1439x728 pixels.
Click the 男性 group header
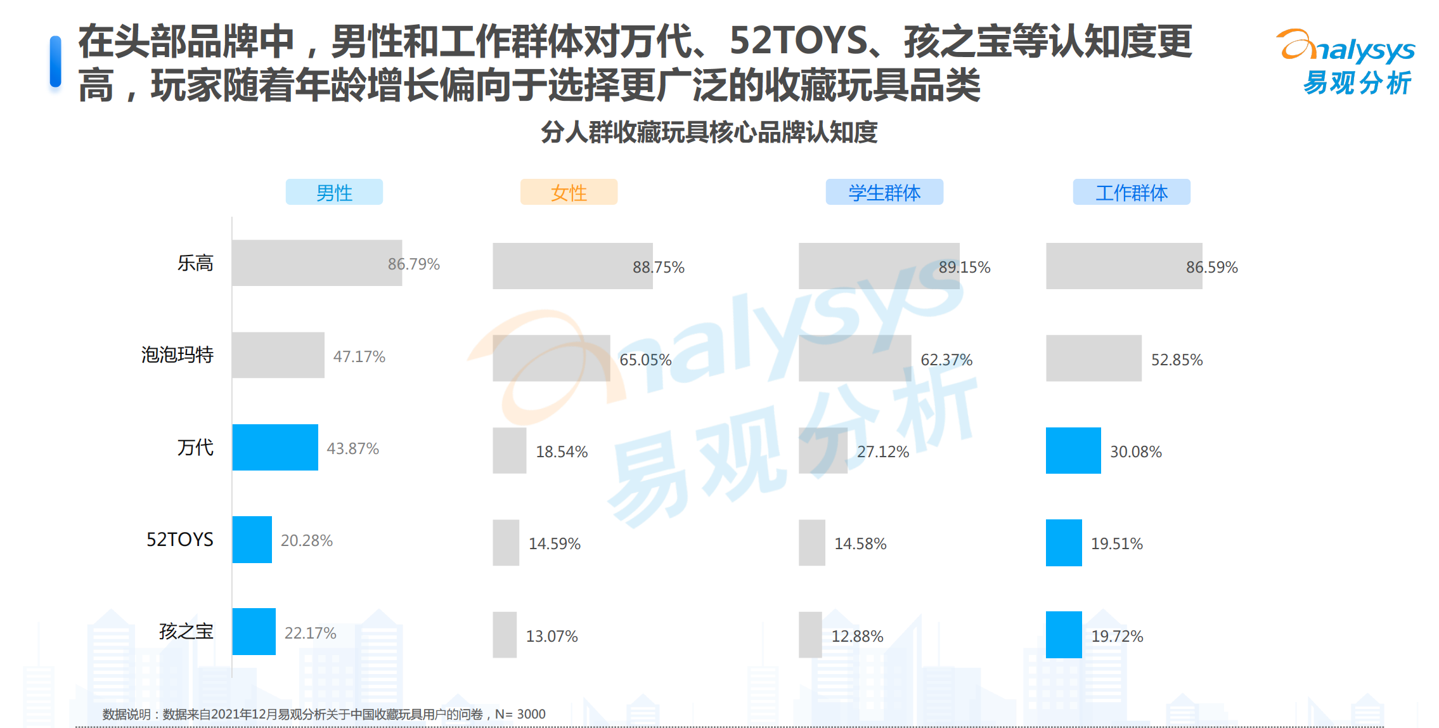(x=334, y=192)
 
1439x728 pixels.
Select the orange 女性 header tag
(x=569, y=192)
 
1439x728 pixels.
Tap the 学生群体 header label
(x=884, y=192)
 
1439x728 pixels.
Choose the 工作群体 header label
(x=1132, y=192)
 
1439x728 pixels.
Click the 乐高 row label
(x=195, y=263)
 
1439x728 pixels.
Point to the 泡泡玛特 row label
(x=177, y=354)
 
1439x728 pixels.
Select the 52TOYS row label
(x=180, y=539)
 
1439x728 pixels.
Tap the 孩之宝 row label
(x=186, y=631)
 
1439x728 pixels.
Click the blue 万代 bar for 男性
(x=275, y=447)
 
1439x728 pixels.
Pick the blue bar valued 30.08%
(x=1073, y=450)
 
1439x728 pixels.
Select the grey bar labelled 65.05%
(x=551, y=358)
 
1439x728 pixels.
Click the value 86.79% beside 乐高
(x=413, y=264)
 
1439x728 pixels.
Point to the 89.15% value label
(x=964, y=267)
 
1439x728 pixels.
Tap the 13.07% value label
(x=552, y=636)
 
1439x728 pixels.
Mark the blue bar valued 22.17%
(x=254, y=632)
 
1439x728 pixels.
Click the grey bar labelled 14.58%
(x=811, y=543)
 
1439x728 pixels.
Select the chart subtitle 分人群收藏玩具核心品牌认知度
(x=709, y=132)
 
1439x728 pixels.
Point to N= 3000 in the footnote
(x=520, y=714)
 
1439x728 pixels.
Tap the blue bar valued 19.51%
(x=1064, y=543)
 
